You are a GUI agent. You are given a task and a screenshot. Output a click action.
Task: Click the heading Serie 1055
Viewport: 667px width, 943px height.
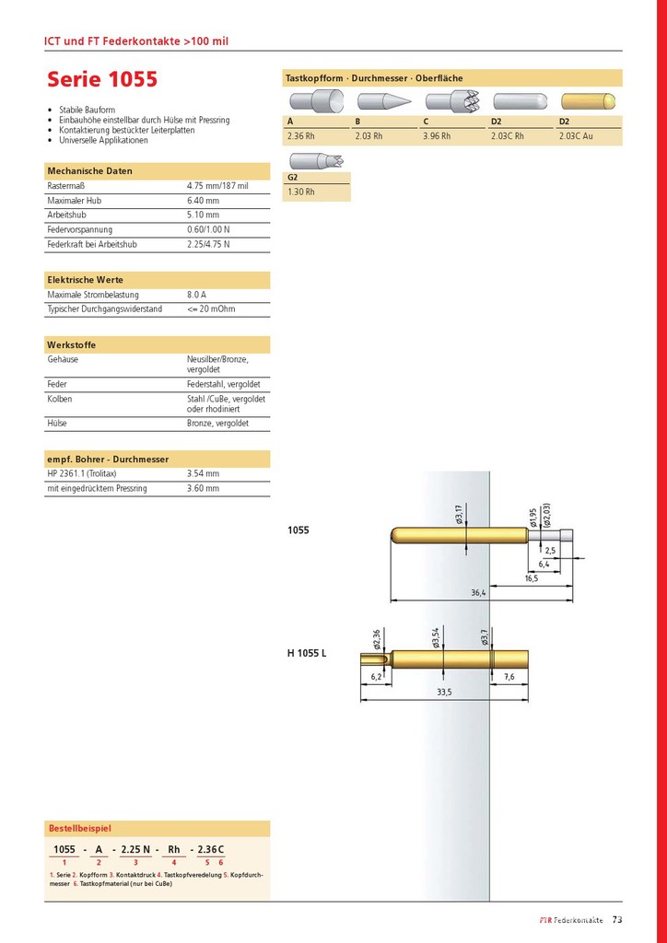coord(102,79)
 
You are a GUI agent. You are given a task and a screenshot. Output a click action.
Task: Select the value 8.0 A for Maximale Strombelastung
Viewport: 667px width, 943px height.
coord(197,295)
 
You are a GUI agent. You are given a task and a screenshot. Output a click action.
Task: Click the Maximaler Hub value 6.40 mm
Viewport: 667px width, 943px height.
coord(203,201)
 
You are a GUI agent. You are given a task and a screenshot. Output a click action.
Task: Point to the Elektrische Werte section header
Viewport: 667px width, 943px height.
coord(86,280)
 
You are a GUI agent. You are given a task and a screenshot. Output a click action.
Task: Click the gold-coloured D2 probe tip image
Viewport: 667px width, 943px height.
coord(589,102)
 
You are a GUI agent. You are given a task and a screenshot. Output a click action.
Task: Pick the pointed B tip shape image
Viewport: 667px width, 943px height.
coord(382,102)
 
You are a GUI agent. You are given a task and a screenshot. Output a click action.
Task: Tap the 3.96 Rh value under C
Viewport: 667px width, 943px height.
coord(437,136)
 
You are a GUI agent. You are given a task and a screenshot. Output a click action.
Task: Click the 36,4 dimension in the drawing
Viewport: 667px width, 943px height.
coord(477,593)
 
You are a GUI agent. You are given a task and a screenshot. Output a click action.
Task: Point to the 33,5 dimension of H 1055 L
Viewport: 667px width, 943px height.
coord(444,692)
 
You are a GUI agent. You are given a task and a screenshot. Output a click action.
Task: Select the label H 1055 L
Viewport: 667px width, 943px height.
coord(307,654)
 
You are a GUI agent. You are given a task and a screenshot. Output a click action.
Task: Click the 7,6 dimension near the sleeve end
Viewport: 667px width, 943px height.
coord(510,677)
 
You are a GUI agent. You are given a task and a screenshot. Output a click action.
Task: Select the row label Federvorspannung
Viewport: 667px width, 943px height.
coord(79,229)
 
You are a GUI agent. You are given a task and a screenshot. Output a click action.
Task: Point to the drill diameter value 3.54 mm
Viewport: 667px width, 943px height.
coord(203,473)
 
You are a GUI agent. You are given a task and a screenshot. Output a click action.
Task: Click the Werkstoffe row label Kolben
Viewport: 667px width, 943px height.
coord(60,399)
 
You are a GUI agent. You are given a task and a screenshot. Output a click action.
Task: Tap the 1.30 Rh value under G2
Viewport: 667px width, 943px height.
coord(301,192)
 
